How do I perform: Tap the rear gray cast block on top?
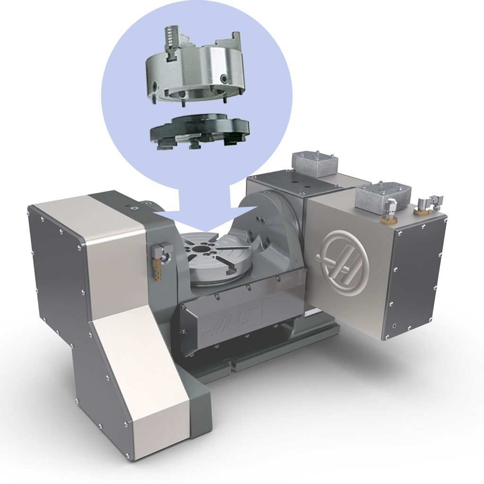tap(314, 164)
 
